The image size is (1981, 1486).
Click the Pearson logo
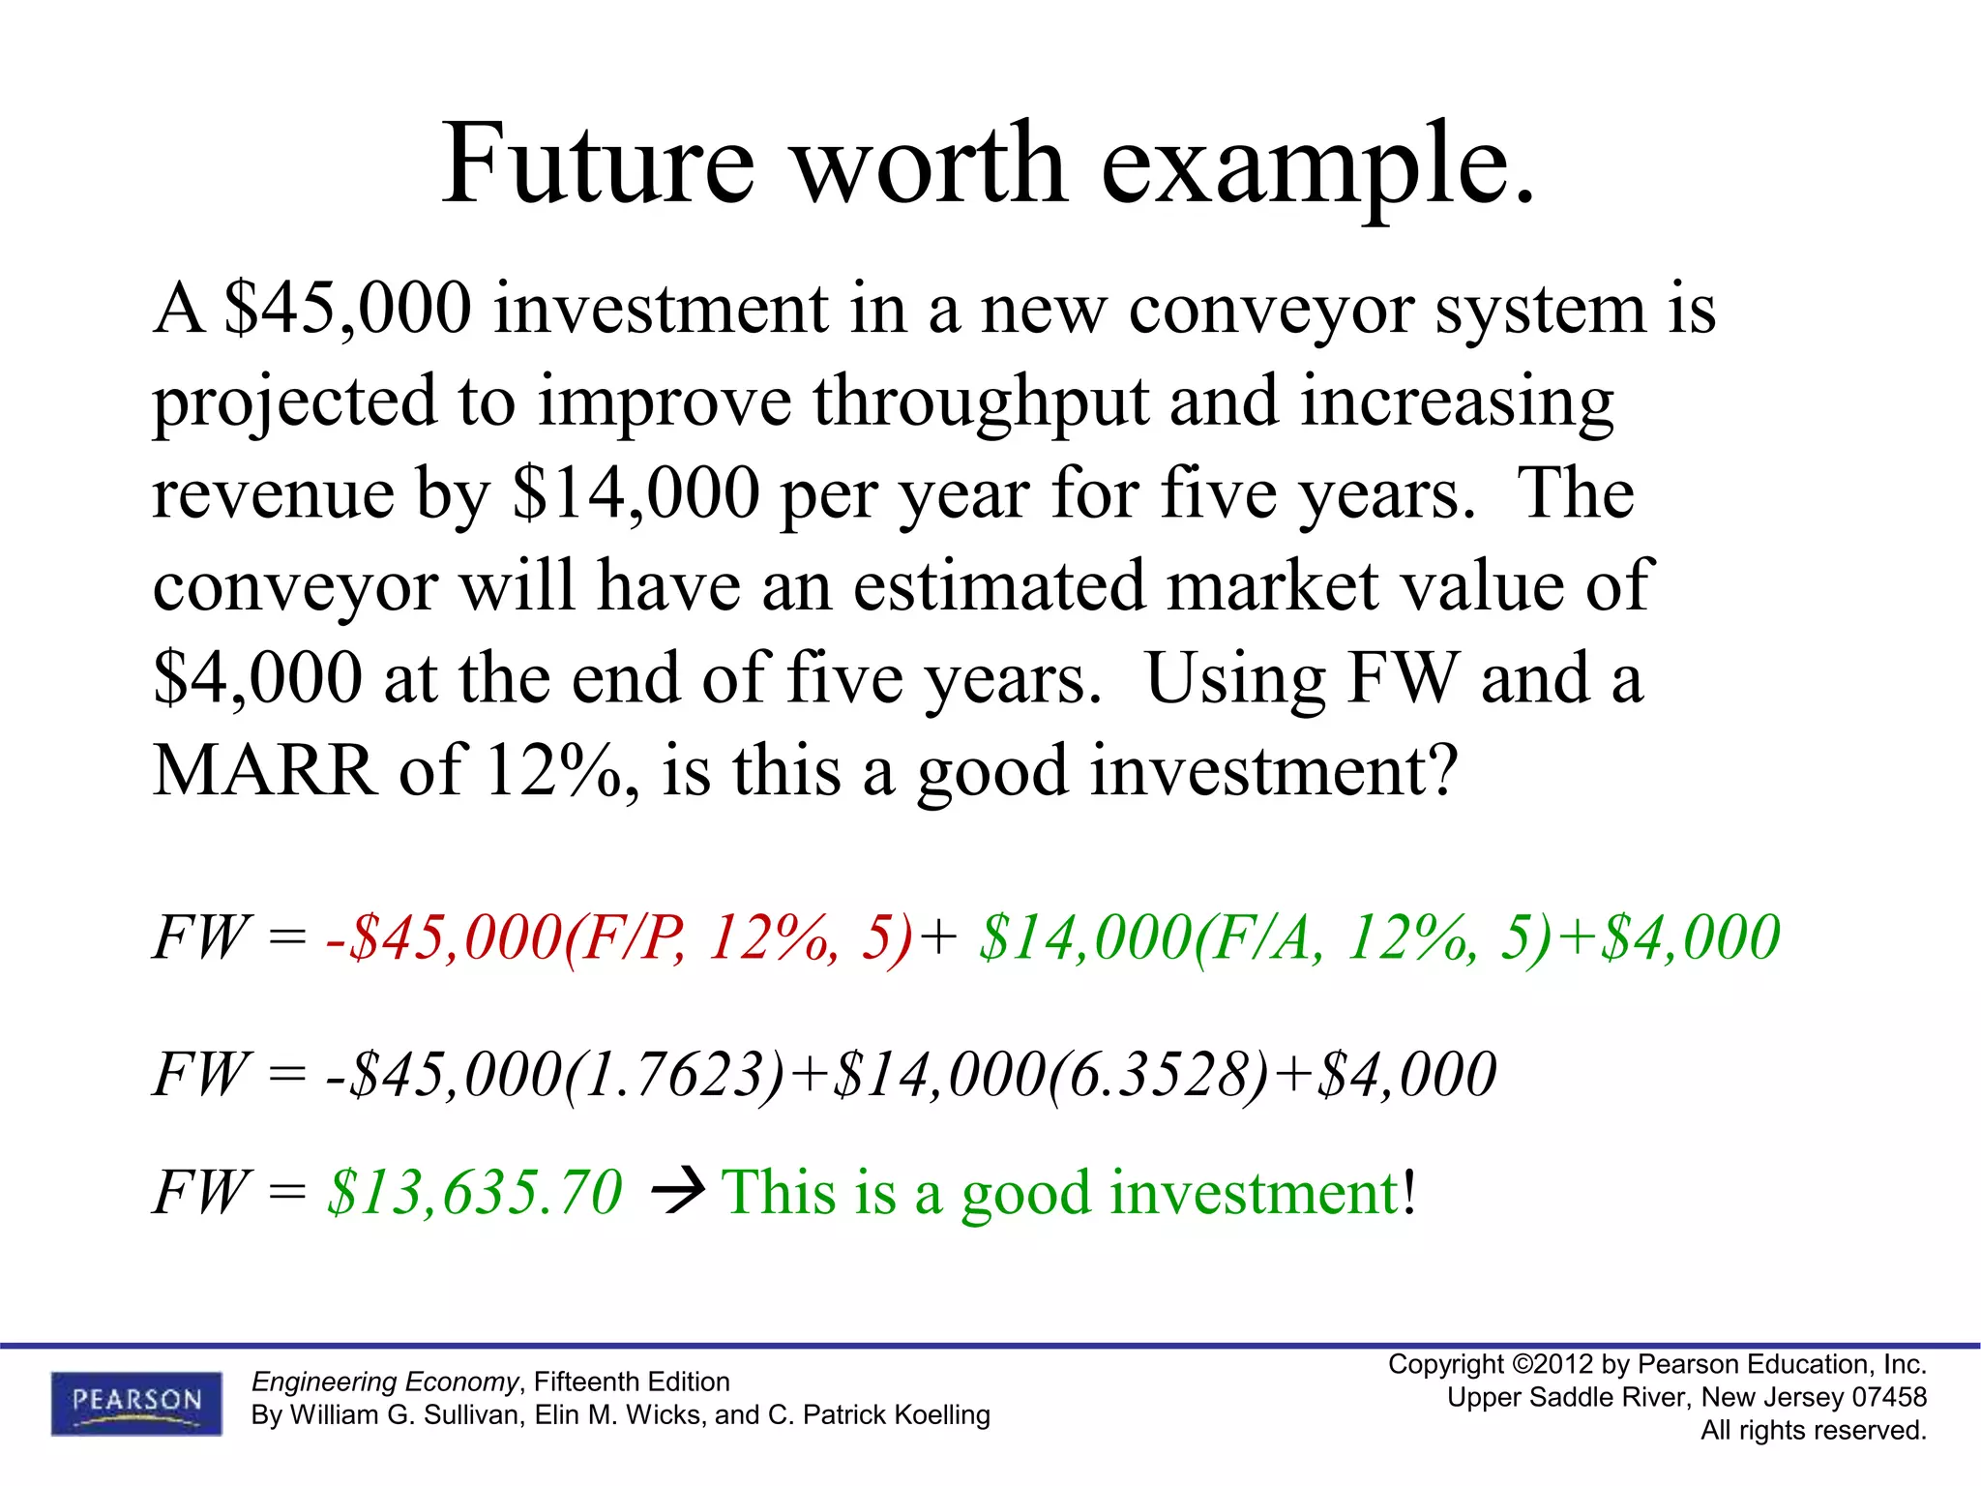pyautogui.click(x=136, y=1402)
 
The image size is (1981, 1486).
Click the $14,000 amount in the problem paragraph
pyautogui.click(x=636, y=492)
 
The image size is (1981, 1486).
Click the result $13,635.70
pyautogui.click(x=475, y=1191)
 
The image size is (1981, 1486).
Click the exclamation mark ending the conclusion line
pyautogui.click(x=1410, y=1191)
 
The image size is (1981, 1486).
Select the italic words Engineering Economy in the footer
pyautogui.click(x=385, y=1382)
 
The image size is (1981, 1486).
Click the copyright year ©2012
pyautogui.click(x=1552, y=1364)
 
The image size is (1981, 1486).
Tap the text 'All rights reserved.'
pyautogui.click(x=1814, y=1430)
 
